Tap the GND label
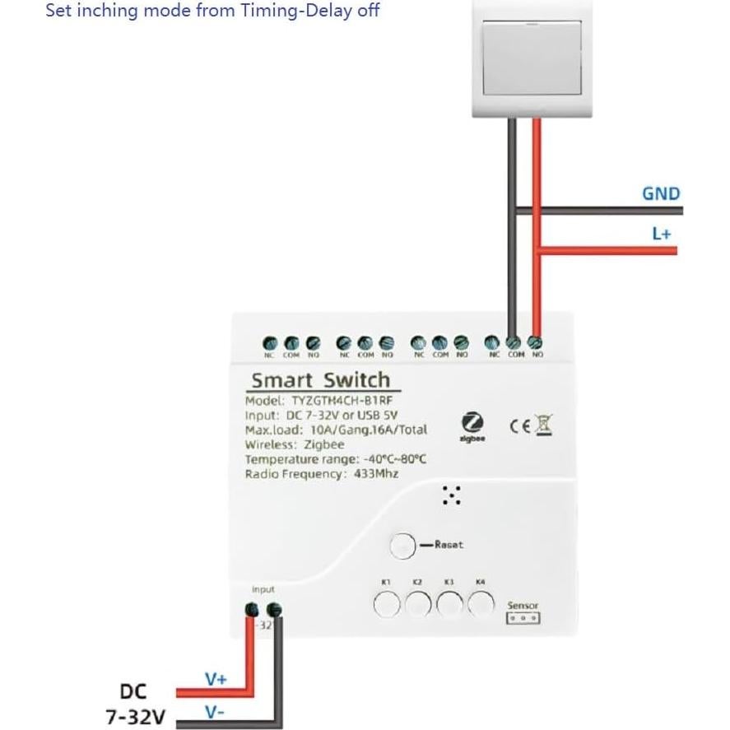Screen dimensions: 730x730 pos(661,194)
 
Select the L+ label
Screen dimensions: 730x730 pos(662,234)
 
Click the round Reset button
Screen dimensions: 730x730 pos(403,546)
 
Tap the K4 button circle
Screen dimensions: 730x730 pos(481,605)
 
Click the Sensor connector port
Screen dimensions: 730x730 pos(523,617)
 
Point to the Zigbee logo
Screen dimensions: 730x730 pos(472,425)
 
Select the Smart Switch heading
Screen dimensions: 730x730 pos(320,380)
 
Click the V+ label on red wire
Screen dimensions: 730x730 pos(216,679)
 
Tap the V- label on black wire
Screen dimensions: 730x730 pos(215,712)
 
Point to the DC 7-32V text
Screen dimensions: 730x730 pos(134,704)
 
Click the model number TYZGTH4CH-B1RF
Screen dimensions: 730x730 pos(346,401)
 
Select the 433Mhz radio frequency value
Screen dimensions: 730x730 pos(376,474)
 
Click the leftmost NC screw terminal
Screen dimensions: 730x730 pos(269,342)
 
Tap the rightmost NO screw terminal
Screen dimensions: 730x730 pos(537,342)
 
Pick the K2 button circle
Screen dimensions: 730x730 pos(418,605)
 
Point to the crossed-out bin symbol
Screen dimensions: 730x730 pos(543,425)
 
